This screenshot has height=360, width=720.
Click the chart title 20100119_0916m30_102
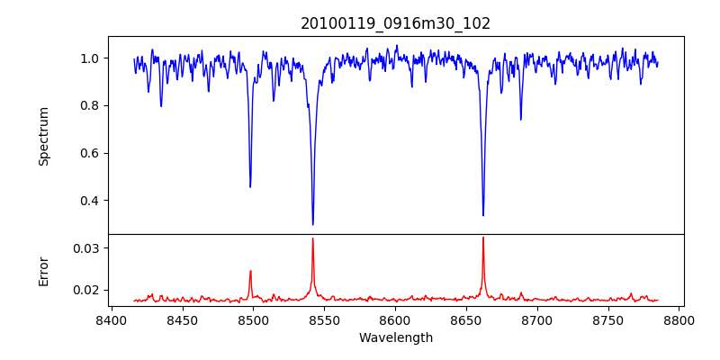tap(395, 23)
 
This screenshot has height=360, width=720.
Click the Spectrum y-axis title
tap(43, 136)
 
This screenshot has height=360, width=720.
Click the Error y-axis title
tap(43, 271)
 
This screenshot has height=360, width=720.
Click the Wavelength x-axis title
tap(395, 338)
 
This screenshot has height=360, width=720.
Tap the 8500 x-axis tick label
tap(253, 319)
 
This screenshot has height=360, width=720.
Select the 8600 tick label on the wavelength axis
tap(395, 319)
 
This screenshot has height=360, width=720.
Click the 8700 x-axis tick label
tap(537, 319)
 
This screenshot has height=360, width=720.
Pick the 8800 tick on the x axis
tap(679, 319)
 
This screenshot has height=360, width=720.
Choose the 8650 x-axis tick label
tap(466, 319)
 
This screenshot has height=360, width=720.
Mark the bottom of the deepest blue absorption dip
tap(312, 224)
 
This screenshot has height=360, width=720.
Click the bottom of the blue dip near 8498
tap(250, 186)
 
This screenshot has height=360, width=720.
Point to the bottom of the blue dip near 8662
tap(483, 215)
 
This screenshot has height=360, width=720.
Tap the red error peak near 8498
tap(250, 271)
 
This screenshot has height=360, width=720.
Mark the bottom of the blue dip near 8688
tap(520, 119)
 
